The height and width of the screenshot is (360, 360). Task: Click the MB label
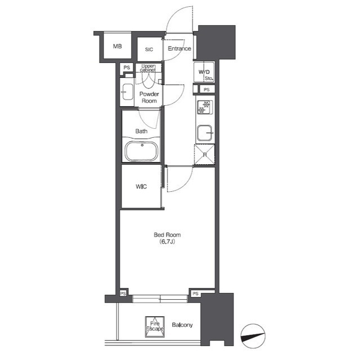(117, 46)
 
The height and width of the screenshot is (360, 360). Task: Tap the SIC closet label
(149, 49)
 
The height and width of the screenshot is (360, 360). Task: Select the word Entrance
(179, 49)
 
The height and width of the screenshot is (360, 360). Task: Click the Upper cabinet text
(149, 68)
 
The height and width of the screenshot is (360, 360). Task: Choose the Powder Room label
(149, 97)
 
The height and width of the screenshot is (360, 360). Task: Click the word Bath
(141, 132)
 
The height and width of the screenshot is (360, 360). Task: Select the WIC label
(141, 187)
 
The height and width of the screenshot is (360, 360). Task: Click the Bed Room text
(168, 235)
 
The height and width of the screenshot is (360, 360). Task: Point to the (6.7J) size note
(168, 242)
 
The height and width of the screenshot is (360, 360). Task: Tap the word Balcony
(183, 325)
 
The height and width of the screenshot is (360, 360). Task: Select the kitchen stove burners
(204, 107)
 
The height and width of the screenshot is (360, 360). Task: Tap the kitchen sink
(204, 133)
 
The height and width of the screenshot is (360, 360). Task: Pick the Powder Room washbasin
(127, 93)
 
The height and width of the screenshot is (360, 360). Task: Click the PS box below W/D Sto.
(206, 89)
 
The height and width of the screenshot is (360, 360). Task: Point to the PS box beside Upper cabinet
(127, 68)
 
